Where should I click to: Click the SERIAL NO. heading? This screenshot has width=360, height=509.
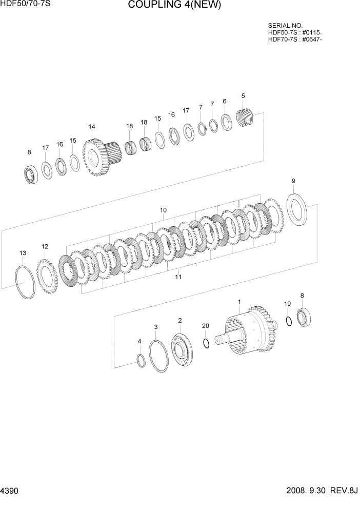285,25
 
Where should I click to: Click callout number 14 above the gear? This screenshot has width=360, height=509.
92,127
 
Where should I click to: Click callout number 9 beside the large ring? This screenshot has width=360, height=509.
293,181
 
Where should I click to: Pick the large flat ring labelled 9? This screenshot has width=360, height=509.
296,208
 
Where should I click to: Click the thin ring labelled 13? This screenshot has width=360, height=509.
25,282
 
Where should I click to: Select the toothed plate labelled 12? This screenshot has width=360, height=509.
47,277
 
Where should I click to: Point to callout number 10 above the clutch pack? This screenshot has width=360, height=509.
163,210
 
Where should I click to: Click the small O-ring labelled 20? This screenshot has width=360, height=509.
206,343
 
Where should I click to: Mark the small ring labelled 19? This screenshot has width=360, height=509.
289,321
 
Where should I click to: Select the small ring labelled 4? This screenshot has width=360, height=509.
141,361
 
